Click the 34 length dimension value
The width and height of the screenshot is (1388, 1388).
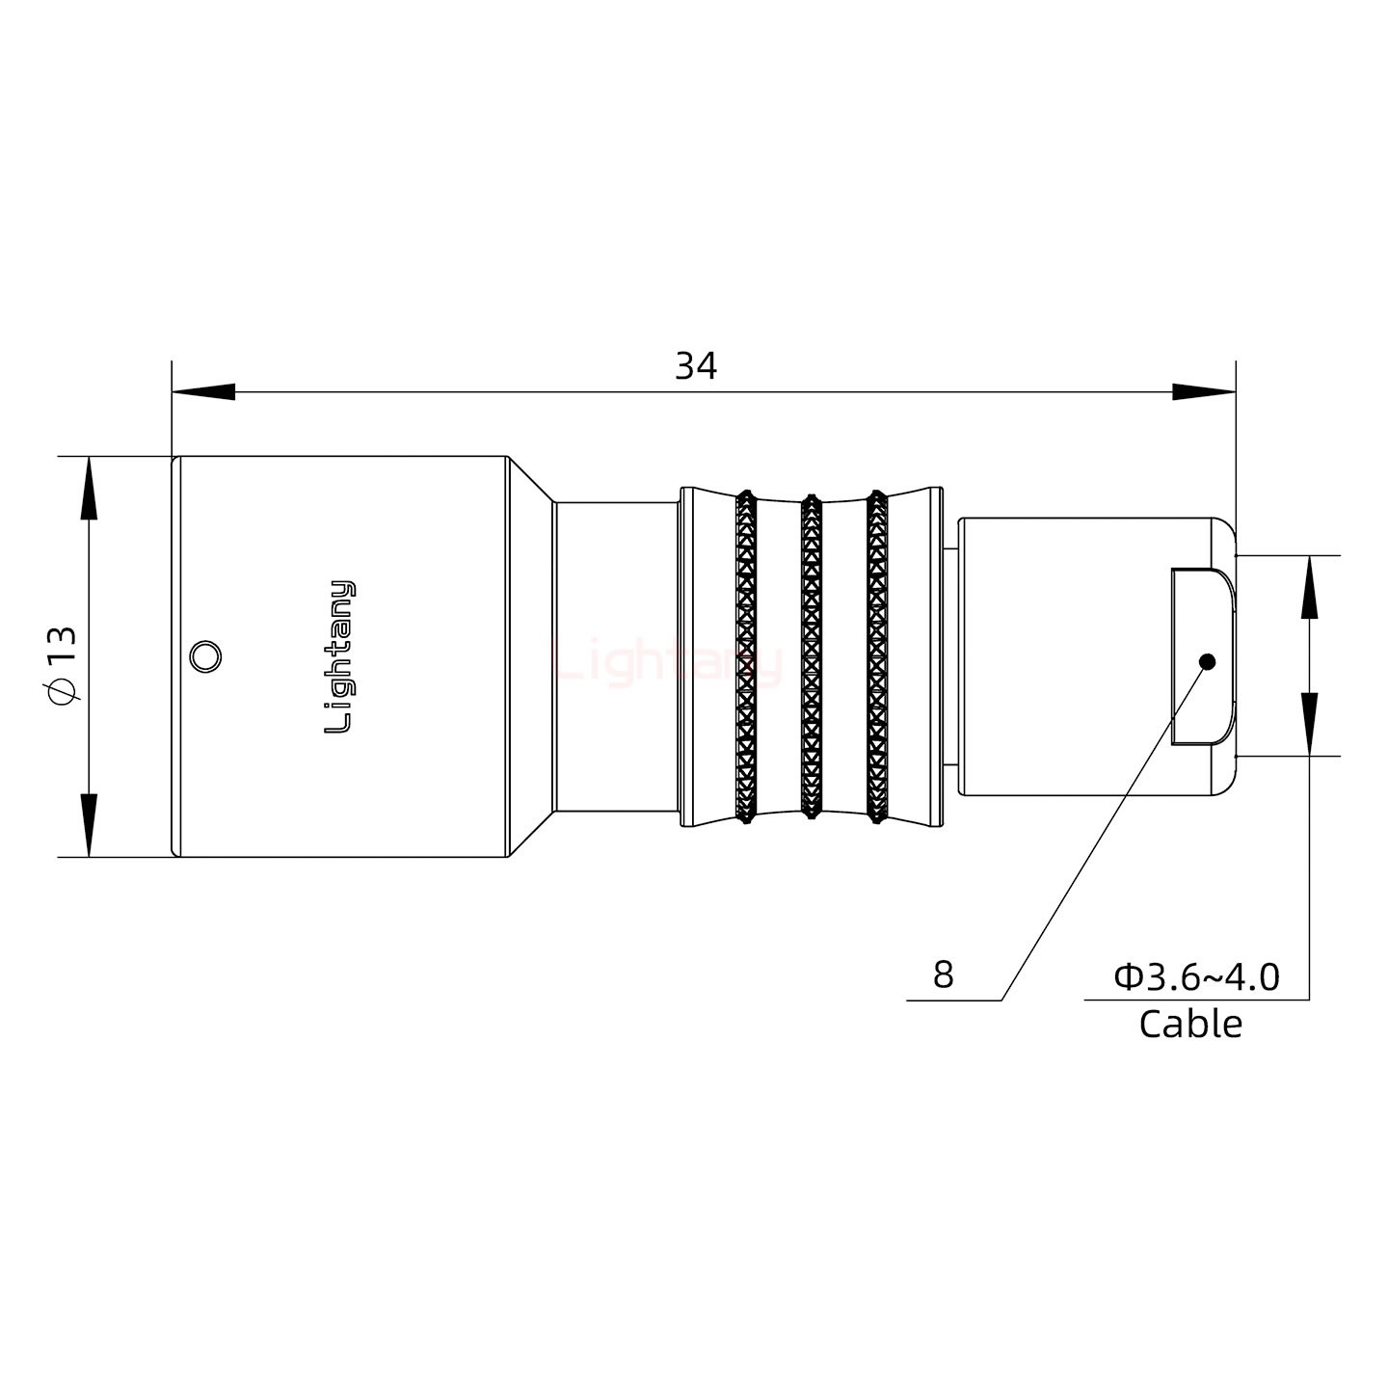(696, 366)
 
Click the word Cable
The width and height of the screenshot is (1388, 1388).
(1190, 1024)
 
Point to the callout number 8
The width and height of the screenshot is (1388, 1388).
(943, 975)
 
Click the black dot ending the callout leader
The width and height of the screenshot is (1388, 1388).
(1207, 662)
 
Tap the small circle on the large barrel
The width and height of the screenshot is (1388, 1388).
(205, 657)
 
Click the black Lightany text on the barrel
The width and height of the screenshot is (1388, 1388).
(339, 657)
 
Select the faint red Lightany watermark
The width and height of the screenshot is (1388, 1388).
(668, 663)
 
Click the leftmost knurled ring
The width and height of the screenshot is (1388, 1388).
(746, 657)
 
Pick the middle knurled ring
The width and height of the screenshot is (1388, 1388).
(811, 657)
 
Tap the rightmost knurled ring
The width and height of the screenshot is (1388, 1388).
(876, 657)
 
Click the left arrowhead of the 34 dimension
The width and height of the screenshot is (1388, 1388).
(203, 392)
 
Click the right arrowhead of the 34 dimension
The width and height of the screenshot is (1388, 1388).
(1204, 392)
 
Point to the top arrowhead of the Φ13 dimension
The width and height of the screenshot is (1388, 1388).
(89, 488)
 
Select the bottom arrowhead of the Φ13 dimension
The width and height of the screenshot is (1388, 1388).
(89, 825)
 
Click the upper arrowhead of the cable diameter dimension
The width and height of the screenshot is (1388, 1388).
(1310, 588)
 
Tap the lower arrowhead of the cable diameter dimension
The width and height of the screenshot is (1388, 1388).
(1310, 724)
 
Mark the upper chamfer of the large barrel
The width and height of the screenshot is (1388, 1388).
(531, 479)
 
